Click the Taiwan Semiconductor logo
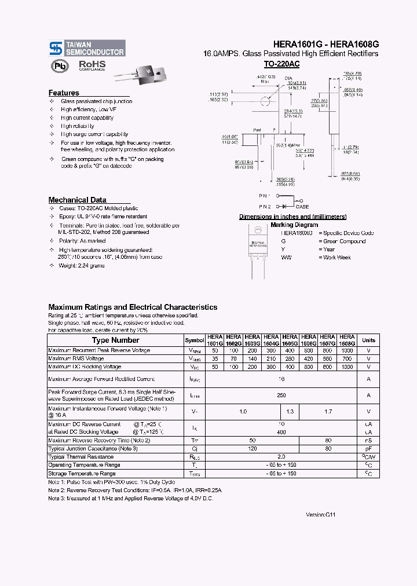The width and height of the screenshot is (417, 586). click(87, 47)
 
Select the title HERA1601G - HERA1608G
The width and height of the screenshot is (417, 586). click(325, 43)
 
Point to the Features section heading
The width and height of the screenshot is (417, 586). click(64, 93)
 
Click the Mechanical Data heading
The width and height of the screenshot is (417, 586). click(77, 200)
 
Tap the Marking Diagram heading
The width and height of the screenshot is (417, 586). click(294, 225)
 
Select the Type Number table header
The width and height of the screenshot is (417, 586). click(115, 340)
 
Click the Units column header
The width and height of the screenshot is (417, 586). click(368, 340)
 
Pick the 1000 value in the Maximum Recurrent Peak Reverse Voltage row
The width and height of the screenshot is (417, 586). click(346, 350)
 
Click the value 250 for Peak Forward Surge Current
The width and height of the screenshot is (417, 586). click(281, 395)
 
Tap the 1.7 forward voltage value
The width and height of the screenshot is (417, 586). click(328, 411)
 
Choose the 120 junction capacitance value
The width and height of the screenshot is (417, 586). click(253, 448)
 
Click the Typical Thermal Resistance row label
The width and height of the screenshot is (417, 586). click(81, 457)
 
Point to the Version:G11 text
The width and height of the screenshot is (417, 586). click(321, 514)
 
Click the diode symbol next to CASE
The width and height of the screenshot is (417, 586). click(284, 206)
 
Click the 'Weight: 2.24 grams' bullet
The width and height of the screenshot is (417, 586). click(81, 265)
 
